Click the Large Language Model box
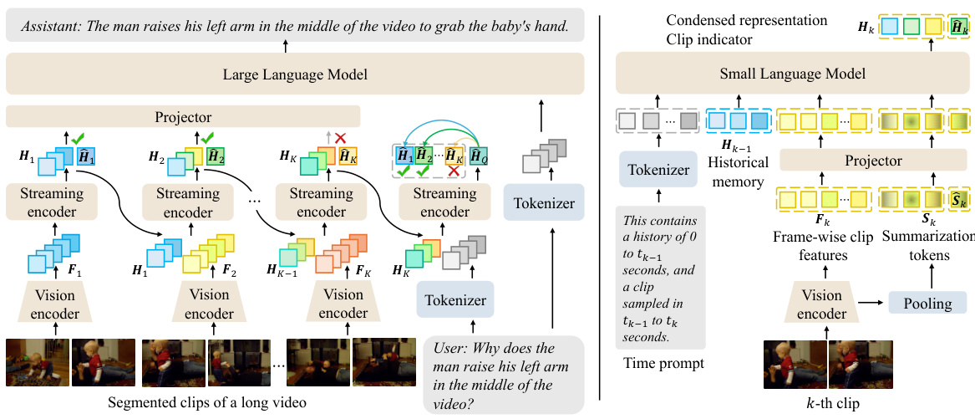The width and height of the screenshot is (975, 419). (295, 75)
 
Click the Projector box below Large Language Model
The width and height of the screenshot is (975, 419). (183, 117)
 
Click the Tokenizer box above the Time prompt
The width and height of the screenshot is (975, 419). (658, 171)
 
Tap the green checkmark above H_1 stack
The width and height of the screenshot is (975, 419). (78, 136)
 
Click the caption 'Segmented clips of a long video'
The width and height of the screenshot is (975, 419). (207, 403)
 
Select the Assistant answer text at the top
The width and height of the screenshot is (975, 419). (295, 26)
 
